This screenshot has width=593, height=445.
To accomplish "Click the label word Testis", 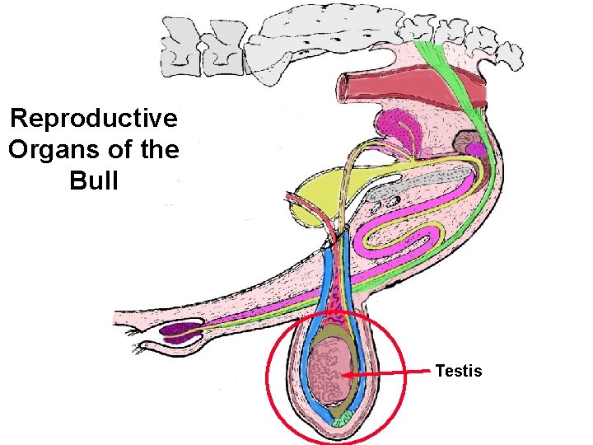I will [x=459, y=372].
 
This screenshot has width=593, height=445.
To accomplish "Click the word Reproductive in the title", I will [x=93, y=119].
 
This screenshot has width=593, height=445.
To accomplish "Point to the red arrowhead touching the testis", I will [x=348, y=376].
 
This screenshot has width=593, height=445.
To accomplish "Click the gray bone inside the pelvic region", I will [x=412, y=185].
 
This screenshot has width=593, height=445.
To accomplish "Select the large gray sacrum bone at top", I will [x=329, y=33].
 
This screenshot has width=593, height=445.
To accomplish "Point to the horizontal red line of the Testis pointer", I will [x=395, y=373].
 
